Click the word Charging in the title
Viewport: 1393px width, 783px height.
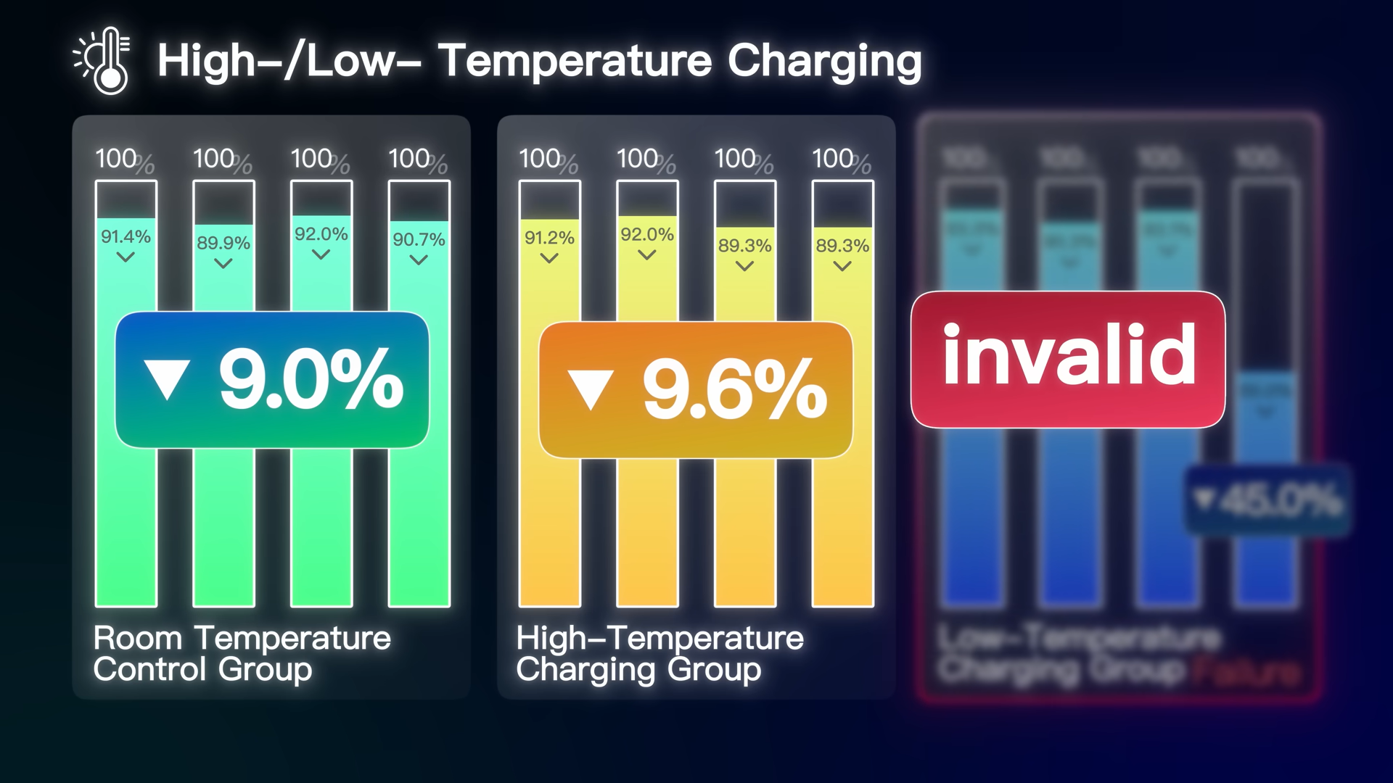click(x=824, y=61)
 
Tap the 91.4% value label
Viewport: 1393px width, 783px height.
click(x=126, y=236)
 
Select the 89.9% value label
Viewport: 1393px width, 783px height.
click(x=223, y=243)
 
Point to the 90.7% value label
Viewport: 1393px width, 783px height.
click(x=419, y=239)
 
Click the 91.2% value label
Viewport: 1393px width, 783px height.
click(x=549, y=238)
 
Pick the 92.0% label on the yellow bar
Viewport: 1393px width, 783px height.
click(x=647, y=234)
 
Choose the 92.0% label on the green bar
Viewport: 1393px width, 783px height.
click(x=321, y=234)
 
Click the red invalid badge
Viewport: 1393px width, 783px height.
click(x=1068, y=359)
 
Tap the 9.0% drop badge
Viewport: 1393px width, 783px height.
click(x=272, y=379)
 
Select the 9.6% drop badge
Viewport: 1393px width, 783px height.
click(x=695, y=390)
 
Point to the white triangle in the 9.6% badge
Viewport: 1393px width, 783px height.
click(x=591, y=390)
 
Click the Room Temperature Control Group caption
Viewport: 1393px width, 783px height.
click(x=242, y=653)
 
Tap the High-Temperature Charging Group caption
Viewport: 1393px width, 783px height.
click(x=659, y=653)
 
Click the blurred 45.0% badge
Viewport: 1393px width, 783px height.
click(x=1268, y=500)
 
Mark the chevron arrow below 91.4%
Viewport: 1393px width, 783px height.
click(x=126, y=257)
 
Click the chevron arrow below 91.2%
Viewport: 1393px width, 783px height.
click(x=549, y=259)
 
